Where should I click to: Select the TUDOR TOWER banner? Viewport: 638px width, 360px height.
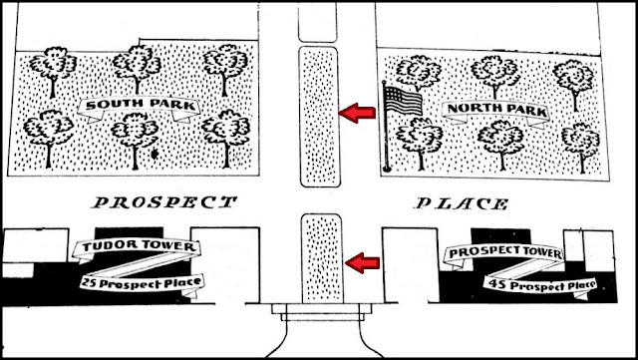[x=137, y=246]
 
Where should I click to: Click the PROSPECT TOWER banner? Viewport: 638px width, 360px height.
[x=504, y=253]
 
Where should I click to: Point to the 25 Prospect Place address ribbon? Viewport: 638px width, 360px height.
[x=142, y=282]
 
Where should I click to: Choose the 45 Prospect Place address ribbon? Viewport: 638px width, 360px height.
[x=540, y=285]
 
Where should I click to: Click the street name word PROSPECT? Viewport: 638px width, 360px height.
[x=163, y=202]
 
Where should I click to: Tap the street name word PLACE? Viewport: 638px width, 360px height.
[x=462, y=203]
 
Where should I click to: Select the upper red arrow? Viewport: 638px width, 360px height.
[x=357, y=113]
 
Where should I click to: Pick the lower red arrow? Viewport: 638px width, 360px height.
[x=362, y=262]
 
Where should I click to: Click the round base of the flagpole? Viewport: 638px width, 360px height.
[x=387, y=169]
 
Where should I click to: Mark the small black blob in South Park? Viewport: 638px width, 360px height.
[x=155, y=154]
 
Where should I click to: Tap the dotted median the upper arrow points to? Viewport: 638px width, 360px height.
[x=319, y=117]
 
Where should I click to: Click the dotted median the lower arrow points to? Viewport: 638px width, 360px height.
[x=321, y=258]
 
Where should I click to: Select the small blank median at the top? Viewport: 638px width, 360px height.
[x=317, y=22]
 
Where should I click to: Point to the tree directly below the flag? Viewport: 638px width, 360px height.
[x=420, y=141]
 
